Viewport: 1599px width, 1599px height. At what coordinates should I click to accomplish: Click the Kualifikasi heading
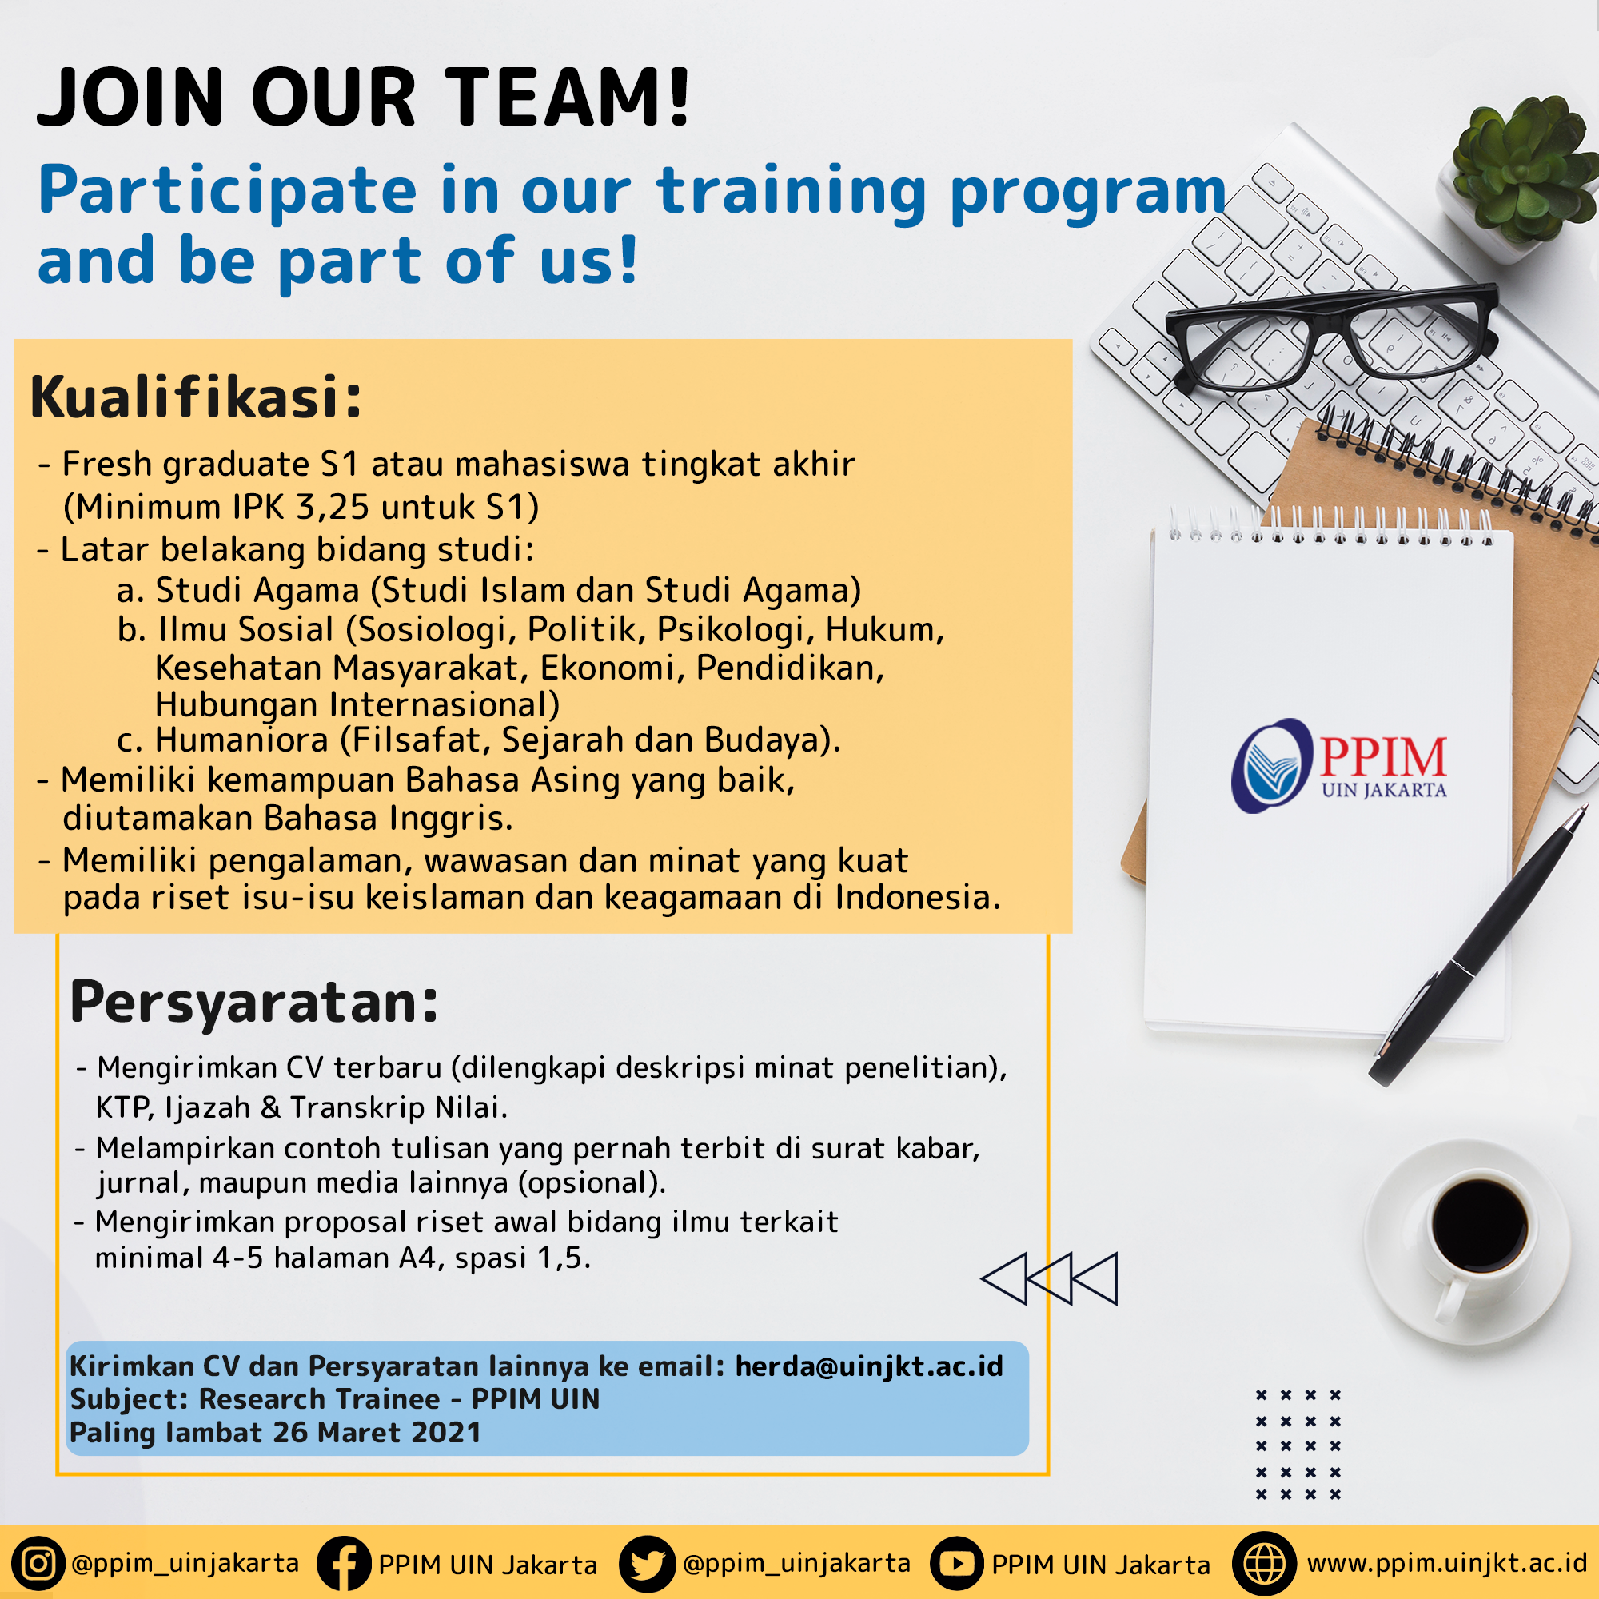tap(196, 398)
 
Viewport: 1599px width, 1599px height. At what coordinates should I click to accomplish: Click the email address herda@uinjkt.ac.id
tap(869, 1366)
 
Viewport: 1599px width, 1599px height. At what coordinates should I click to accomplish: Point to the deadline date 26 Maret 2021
tap(377, 1433)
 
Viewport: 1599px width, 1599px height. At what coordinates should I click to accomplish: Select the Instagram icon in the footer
tap(37, 1563)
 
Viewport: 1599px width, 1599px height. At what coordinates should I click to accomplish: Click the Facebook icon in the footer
tap(343, 1563)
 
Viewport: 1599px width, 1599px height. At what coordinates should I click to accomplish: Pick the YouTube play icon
tap(957, 1563)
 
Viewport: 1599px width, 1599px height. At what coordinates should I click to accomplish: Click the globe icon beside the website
tap(1264, 1563)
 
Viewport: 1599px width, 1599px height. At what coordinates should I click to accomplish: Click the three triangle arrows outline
tap(1050, 1278)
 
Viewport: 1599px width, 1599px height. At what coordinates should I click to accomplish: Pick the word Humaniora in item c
tap(241, 740)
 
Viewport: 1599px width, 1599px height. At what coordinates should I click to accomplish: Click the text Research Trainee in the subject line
tap(320, 1398)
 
